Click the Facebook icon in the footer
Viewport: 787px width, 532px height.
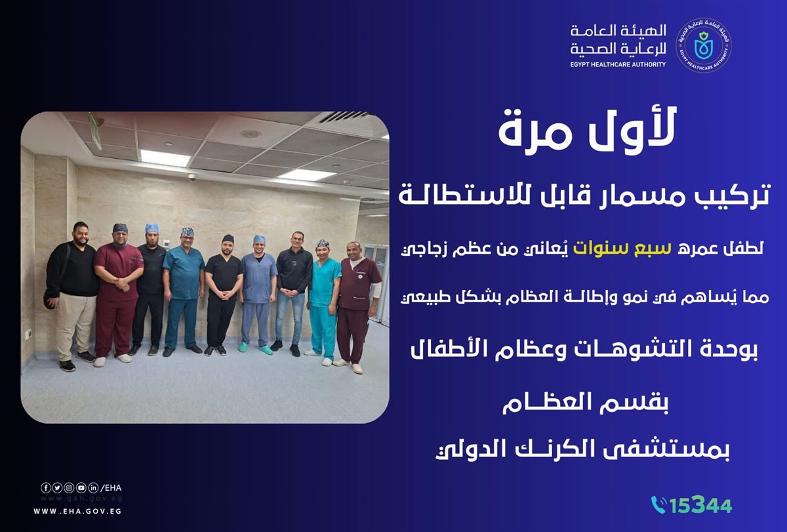click(x=45, y=487)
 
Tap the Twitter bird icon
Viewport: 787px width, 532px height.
click(x=57, y=487)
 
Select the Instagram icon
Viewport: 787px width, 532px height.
click(x=69, y=487)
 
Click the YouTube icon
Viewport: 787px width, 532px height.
click(x=81, y=487)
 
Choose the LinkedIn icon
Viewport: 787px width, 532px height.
click(x=93, y=487)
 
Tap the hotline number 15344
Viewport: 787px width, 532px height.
click(x=701, y=505)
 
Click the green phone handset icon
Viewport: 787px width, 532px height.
click(x=658, y=504)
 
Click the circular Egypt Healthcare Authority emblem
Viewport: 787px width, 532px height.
click(x=704, y=45)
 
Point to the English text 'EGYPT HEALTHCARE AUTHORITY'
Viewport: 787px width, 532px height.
click(x=618, y=64)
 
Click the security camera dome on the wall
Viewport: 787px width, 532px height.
click(x=192, y=177)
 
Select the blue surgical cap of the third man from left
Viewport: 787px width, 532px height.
click(x=152, y=228)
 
